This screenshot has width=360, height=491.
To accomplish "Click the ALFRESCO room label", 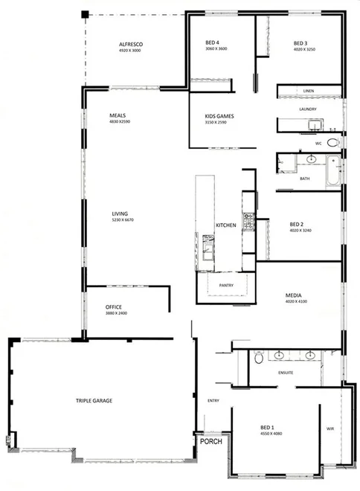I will pyautogui.click(x=130, y=45).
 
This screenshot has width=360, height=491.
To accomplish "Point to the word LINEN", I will pyautogui.click(x=309, y=92).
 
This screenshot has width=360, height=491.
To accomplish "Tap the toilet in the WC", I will pyautogui.click(x=332, y=141).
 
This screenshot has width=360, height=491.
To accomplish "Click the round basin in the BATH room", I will pyautogui.click(x=309, y=159).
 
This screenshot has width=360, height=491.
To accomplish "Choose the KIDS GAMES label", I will pyautogui.click(x=219, y=117).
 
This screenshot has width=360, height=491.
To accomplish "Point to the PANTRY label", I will pyautogui.click(x=227, y=285).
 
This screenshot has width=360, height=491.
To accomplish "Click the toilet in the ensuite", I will pyautogui.click(x=257, y=358).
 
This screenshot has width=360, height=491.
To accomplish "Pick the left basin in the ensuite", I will pyautogui.click(x=280, y=355).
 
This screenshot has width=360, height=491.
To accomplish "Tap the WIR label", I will pyautogui.click(x=331, y=429).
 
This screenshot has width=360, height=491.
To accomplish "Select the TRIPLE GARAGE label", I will pyautogui.click(x=94, y=401).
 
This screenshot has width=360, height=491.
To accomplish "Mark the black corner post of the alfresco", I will pyautogui.click(x=85, y=14).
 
